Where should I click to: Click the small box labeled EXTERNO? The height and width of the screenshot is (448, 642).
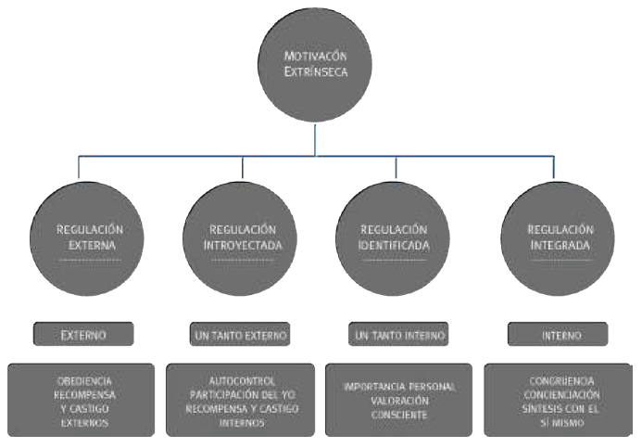[83, 334]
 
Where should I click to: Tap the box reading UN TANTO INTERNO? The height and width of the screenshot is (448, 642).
[398, 334]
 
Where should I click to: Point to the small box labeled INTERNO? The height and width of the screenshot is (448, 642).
[558, 334]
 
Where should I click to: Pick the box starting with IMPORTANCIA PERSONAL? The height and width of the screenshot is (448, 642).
[398, 400]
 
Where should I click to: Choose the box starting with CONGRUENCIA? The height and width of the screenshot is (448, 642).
[557, 400]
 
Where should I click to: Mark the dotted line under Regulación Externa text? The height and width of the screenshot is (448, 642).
[90, 262]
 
